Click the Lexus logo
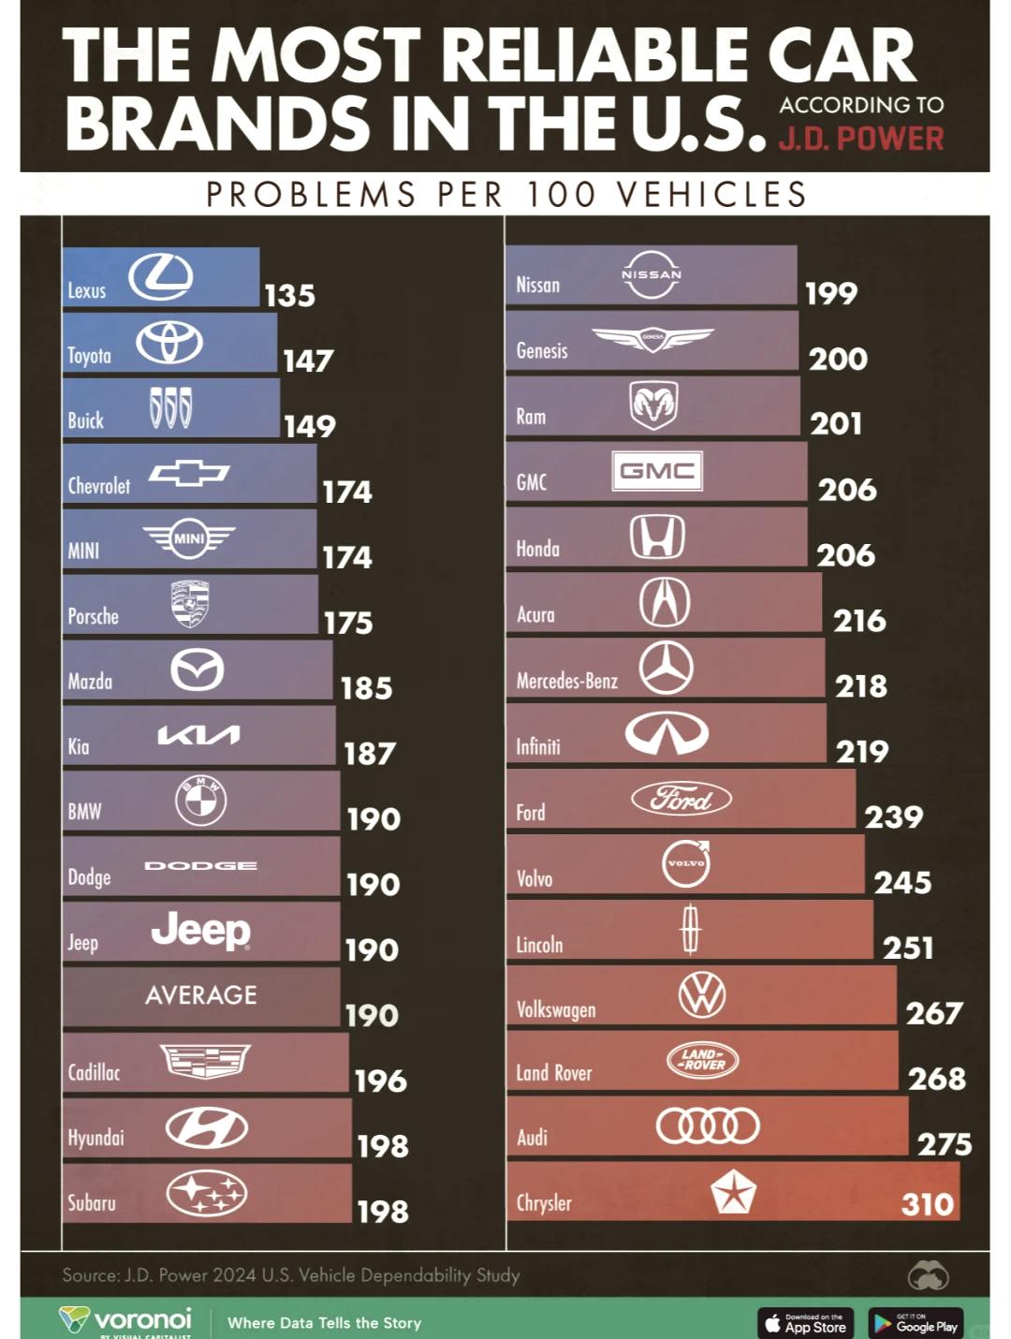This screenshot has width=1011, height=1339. (x=161, y=277)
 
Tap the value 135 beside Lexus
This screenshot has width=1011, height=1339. (x=289, y=296)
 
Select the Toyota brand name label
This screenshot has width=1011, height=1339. (x=89, y=356)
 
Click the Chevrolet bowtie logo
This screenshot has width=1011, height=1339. (x=189, y=474)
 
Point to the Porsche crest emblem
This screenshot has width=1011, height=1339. (x=190, y=604)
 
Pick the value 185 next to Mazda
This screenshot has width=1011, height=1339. (x=366, y=688)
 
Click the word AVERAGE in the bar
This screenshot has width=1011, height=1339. (x=201, y=995)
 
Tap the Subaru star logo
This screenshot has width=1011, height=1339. (x=207, y=1193)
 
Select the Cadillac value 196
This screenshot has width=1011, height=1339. (x=380, y=1081)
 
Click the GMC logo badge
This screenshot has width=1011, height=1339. (x=657, y=471)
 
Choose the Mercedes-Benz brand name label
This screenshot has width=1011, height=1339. (x=567, y=681)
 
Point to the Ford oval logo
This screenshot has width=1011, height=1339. (x=681, y=799)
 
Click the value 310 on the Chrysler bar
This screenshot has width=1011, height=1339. (x=927, y=1204)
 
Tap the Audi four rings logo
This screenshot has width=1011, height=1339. (x=708, y=1126)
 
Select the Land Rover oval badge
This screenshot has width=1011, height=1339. (x=703, y=1060)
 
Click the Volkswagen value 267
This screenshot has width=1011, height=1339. (x=934, y=1013)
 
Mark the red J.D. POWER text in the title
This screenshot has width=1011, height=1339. (x=861, y=140)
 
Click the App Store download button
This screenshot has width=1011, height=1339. (x=806, y=1323)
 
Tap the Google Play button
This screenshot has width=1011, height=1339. (x=916, y=1323)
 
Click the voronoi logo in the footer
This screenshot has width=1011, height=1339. (x=126, y=1320)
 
